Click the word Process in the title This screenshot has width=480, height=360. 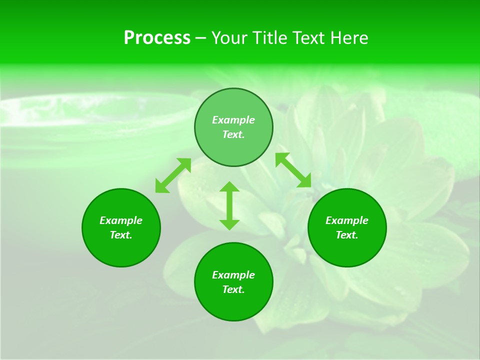pos(157,38)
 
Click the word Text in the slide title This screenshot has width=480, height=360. pos(308,38)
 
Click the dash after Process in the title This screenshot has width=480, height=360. pos(200,38)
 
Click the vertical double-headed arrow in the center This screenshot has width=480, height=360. pos(229,205)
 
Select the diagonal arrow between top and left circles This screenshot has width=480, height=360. pos(173,175)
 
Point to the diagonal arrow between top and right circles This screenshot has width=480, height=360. pos(293,170)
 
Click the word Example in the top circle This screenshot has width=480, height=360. pos(233,120)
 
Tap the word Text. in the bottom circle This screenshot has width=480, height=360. pos(233,289)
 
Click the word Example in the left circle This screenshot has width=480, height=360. pos(121,220)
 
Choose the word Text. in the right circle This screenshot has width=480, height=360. pos(347,235)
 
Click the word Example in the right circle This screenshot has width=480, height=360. pos(347,220)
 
